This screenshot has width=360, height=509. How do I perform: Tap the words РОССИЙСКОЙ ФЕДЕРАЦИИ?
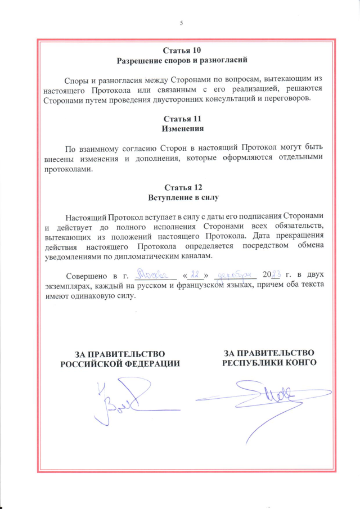click(120, 363)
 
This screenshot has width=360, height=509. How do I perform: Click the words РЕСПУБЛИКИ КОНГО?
click(269, 362)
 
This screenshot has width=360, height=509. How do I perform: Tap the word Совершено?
click(87, 277)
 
